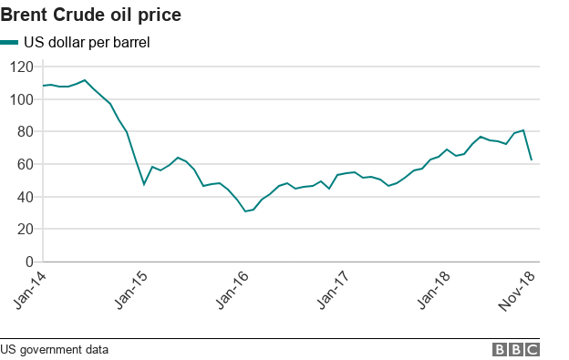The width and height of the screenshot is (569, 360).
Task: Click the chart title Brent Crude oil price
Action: pyautogui.click(x=90, y=15)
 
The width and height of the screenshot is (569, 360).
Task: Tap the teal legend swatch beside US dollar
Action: pyautogui.click(x=10, y=42)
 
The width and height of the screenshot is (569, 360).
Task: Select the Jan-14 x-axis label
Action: pyautogui.click(x=31, y=290)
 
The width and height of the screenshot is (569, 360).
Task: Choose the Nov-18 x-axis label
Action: pyautogui.click(x=518, y=290)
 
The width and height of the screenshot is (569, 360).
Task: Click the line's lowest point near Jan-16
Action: pyautogui.click(x=245, y=211)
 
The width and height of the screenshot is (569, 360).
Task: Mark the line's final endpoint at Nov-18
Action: pyautogui.click(x=532, y=160)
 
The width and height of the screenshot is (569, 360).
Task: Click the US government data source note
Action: pyautogui.click(x=54, y=349)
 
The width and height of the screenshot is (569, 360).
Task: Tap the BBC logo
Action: pyautogui.click(x=516, y=349)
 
